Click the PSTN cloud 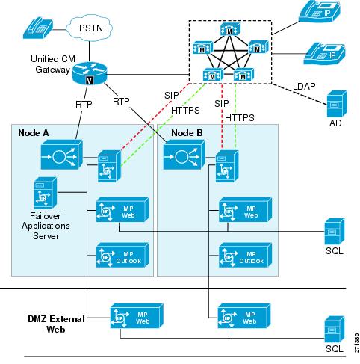(90, 28)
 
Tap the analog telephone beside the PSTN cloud (38, 28)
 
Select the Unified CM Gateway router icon (90, 73)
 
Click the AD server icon (337, 104)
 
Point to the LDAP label (304, 87)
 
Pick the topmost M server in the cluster (230, 29)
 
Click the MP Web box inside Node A (122, 209)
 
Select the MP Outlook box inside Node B (245, 255)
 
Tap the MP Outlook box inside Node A (122, 255)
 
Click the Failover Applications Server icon (46, 193)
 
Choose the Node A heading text (34, 133)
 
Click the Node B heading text (187, 133)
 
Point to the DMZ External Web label (56, 324)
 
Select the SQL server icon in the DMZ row (335, 329)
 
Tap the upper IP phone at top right (320, 12)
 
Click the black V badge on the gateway (90, 80)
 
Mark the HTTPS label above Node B (240, 117)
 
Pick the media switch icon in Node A (62, 155)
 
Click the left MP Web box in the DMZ (137, 315)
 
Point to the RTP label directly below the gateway (84, 104)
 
